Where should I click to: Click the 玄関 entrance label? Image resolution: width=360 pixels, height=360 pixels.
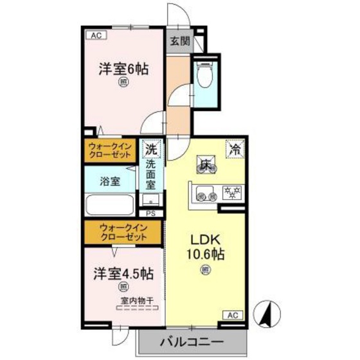point(180,42)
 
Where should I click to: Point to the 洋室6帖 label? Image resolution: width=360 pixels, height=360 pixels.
point(123,68)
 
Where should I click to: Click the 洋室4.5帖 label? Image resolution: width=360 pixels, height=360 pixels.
point(122,273)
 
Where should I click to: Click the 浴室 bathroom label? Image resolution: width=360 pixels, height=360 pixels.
point(109,181)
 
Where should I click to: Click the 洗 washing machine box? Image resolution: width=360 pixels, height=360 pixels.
point(152,150)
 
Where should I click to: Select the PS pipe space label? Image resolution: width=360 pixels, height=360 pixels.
point(151,213)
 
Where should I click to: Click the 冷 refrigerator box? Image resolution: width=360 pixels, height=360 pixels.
point(235,149)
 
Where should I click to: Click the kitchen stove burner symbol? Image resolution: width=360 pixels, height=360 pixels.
point(230,191)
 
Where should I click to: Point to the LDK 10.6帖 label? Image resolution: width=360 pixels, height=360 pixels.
point(205,244)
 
